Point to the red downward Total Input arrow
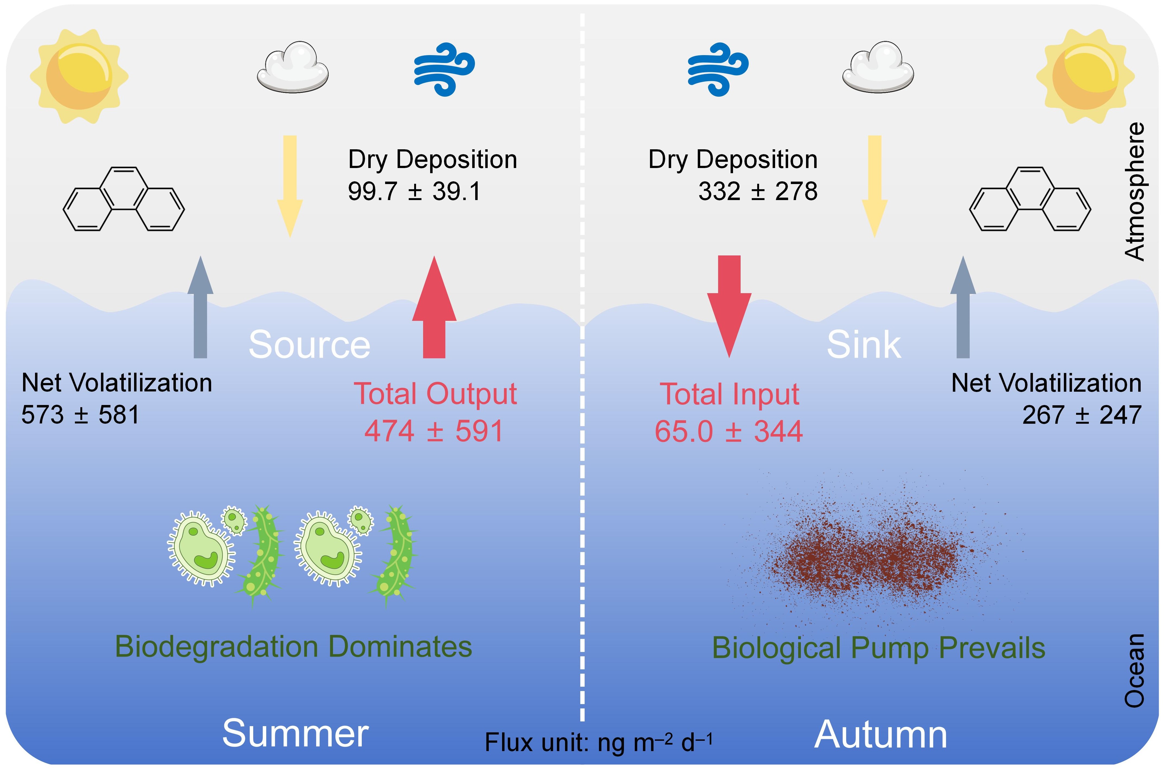click(729, 306)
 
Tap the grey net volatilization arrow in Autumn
click(963, 306)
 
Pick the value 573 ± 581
click(80, 415)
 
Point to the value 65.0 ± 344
click(729, 432)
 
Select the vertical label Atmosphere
click(1134, 191)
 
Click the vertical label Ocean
click(1134, 670)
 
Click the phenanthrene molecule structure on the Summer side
click(123, 199)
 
